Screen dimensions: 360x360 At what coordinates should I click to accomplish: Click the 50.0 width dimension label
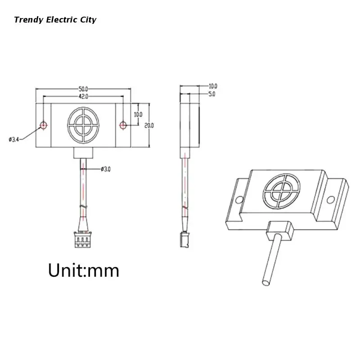[x=83, y=89]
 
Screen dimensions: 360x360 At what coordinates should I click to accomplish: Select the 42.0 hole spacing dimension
[x=83, y=96]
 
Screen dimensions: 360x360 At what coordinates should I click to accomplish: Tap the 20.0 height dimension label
[x=149, y=126]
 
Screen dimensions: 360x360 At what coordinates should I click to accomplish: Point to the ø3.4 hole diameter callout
[x=14, y=139]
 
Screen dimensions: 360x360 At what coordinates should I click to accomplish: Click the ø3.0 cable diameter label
[x=106, y=169]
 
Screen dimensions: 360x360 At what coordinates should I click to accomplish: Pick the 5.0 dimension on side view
[x=211, y=94]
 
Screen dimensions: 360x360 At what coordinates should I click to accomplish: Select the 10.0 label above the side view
[x=213, y=86]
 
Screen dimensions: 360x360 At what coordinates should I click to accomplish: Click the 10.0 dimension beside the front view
[x=138, y=114]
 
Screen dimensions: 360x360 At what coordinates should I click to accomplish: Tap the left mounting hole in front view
[x=43, y=126]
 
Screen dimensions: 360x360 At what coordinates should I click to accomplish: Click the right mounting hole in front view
[x=123, y=125]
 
